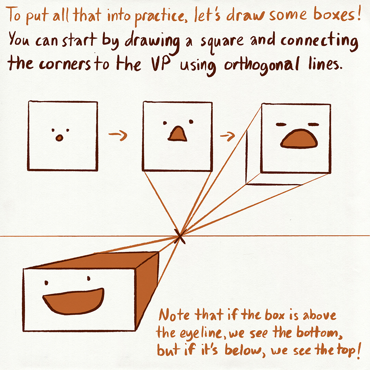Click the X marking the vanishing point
(x=180, y=236)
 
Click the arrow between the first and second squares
(x=118, y=135)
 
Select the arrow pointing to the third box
(x=228, y=136)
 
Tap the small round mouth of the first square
(x=60, y=138)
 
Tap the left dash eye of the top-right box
(x=281, y=124)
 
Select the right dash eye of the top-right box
(x=313, y=124)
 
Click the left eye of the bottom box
(x=46, y=283)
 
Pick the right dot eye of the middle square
(x=191, y=122)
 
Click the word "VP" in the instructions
(x=161, y=64)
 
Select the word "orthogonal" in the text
(x=262, y=65)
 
